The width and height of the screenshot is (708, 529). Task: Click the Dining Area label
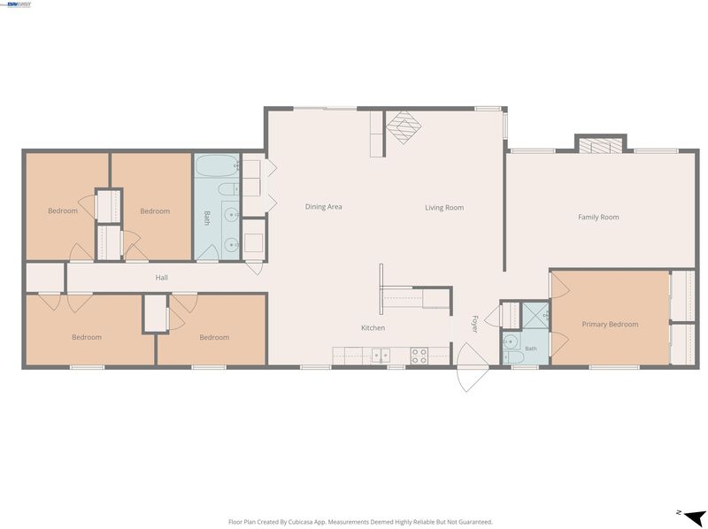coord(323,207)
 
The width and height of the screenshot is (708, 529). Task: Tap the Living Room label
coord(444,208)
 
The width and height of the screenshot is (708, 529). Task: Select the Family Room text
coord(598,217)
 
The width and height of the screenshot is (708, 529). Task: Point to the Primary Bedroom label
coord(610,324)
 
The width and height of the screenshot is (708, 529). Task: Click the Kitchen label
coord(373,327)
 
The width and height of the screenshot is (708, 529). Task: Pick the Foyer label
coord(474,324)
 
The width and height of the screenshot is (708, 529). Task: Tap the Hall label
coord(162,278)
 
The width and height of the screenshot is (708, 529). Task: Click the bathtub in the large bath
coord(217,166)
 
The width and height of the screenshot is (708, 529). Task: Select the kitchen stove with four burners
coord(419,356)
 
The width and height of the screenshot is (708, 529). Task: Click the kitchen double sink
coord(381,356)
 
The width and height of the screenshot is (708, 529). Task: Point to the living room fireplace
coord(404,127)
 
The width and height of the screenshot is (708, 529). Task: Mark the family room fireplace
coord(601,146)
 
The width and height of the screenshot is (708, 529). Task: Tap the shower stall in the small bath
coord(535,315)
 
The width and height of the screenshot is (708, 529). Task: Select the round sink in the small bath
coord(510,341)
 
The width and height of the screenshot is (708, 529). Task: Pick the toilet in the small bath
coord(513,357)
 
